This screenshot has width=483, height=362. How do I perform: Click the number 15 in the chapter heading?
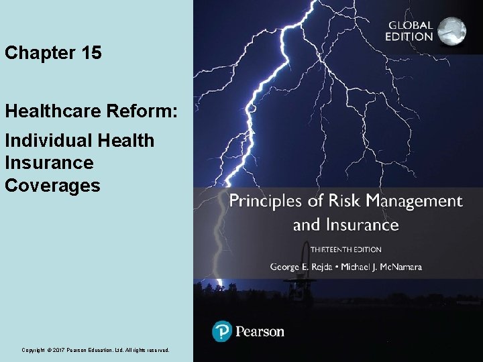90,54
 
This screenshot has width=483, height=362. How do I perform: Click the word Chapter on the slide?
38,54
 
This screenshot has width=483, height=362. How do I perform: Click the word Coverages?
52,185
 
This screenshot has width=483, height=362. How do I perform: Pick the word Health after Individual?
125,141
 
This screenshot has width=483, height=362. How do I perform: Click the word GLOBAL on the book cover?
410,25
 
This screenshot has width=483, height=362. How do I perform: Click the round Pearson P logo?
222,331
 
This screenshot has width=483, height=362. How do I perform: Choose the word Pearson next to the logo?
260,331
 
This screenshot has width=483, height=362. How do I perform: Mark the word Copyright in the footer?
34,350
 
